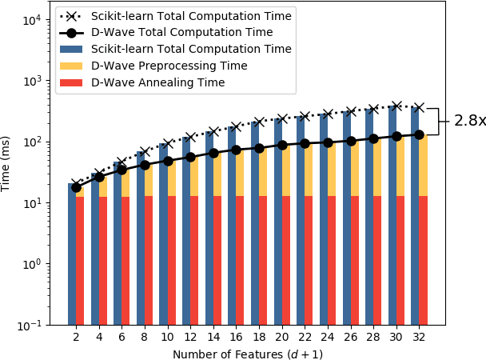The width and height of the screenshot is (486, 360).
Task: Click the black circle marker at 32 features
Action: (419, 134)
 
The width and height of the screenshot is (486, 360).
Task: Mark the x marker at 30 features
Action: (396, 106)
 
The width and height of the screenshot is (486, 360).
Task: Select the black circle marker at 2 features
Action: (76, 187)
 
